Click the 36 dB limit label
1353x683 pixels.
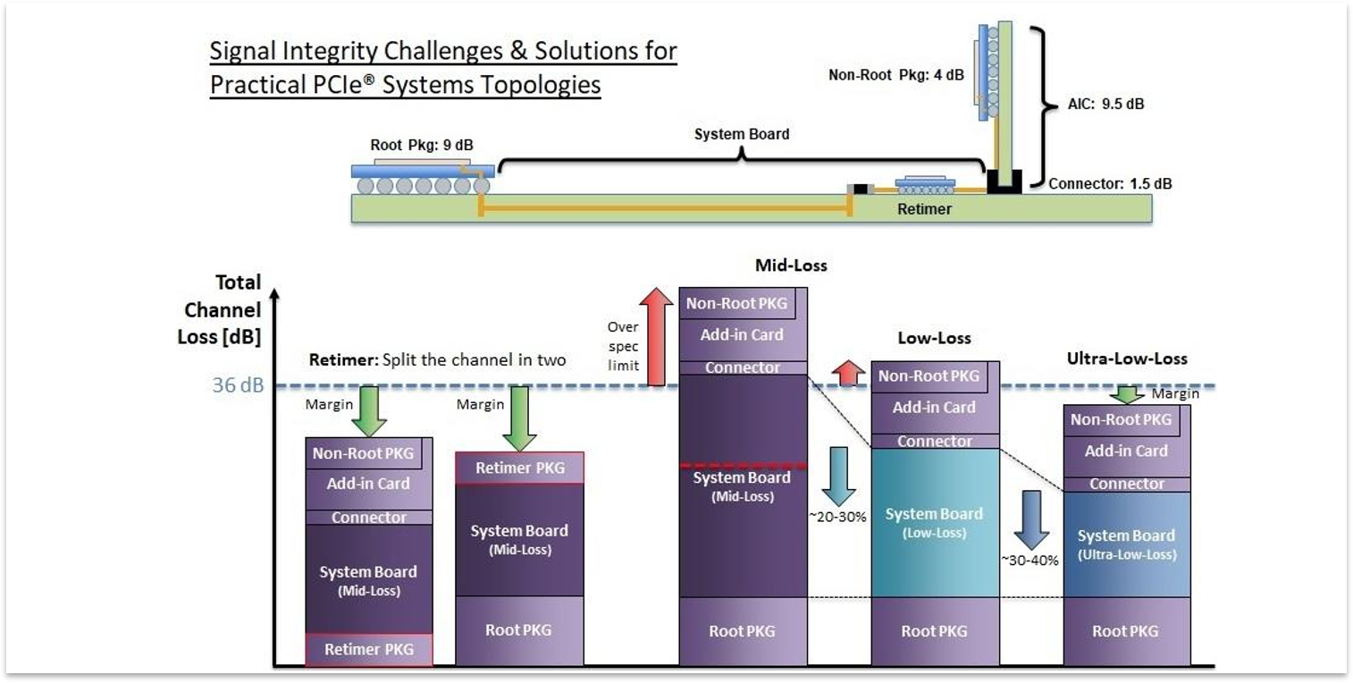coord(237,387)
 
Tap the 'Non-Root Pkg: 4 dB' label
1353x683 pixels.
coord(896,75)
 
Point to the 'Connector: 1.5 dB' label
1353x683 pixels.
coord(1109,184)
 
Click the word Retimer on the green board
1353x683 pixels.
coord(924,209)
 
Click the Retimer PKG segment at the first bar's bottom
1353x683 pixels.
coord(368,649)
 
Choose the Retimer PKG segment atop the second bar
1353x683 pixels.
coord(519,468)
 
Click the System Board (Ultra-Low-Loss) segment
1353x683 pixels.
coord(1126,544)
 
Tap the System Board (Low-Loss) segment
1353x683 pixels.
coord(934,522)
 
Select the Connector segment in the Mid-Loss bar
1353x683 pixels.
coord(743,367)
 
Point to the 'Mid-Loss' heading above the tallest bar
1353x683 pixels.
coord(791,266)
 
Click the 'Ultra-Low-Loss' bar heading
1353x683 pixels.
coord(1126,358)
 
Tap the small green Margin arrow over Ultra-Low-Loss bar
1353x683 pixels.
coord(1129,394)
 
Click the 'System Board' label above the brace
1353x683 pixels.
coord(742,134)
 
